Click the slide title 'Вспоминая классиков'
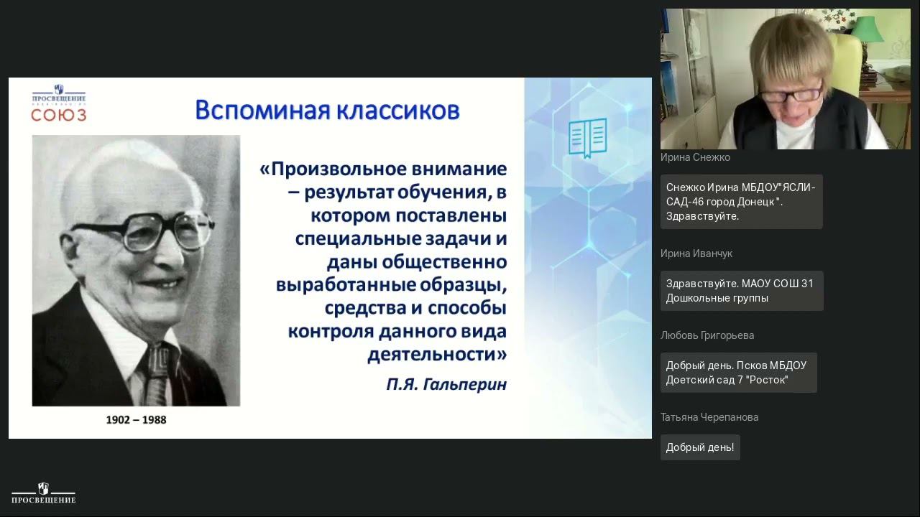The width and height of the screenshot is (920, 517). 327,111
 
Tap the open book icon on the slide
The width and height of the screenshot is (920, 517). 587,137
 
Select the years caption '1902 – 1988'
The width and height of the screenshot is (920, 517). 136,419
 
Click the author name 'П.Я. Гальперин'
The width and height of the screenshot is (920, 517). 446,384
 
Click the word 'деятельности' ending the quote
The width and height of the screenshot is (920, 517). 433,354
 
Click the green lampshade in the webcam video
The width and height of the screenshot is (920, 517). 868,29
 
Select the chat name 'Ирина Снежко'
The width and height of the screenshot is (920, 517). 695,157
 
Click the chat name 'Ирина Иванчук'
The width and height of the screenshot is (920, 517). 696,253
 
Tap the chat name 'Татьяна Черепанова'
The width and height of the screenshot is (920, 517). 709,417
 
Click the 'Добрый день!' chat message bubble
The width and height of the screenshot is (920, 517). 700,447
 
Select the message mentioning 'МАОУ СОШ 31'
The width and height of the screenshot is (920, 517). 741,291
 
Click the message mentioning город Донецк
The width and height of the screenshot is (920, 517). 741,202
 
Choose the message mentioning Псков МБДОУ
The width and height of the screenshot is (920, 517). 738,373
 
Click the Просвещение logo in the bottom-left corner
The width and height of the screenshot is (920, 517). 44,493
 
